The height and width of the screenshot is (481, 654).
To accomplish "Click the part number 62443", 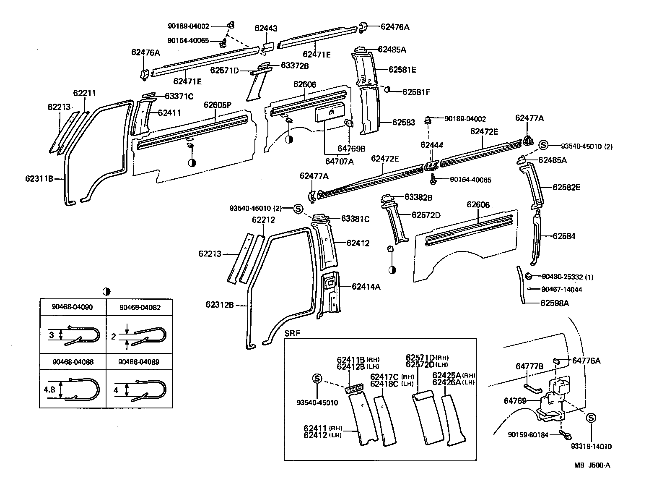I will coord(266,29).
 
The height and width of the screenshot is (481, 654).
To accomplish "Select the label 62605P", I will coord(218,105).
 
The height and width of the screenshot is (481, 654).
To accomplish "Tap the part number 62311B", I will coord(39,178).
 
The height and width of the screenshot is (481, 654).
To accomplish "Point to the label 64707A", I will coord(339,161).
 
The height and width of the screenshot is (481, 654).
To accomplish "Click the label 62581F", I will coord(416,92).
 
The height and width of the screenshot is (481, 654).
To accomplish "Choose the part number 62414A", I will coord(366,287).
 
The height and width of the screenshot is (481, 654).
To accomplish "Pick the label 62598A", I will coord(554,303).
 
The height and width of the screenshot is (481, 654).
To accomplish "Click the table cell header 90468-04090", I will coord(73,307).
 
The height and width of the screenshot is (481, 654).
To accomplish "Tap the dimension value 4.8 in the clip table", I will coord(49,390).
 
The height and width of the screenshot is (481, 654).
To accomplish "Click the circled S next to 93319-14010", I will coord(591,418).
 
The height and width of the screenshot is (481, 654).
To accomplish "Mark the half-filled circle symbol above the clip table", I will coord(106,291).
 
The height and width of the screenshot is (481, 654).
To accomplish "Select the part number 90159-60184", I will coord(528,435).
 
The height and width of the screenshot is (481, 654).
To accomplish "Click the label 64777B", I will coord(529,366).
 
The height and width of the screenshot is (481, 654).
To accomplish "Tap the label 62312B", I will coord(219,304).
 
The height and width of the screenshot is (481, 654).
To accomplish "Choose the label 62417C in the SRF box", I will coord(384,377).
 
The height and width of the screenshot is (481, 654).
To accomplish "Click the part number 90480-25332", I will coord(562,277).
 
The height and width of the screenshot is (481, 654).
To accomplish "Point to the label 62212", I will coord(263,220).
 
